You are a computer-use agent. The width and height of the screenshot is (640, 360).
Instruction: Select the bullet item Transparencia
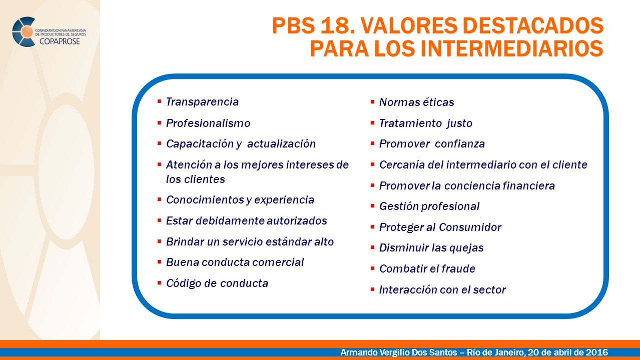pos(202,102)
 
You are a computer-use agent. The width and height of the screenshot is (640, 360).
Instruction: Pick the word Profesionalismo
pos(208,123)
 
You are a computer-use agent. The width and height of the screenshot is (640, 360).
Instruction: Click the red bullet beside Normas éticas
pos(372,101)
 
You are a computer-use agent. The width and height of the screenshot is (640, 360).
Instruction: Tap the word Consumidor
pos(470,227)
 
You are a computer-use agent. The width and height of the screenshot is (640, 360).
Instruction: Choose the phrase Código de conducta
pos(217,283)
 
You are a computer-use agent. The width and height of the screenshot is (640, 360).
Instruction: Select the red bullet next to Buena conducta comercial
pos(160,261)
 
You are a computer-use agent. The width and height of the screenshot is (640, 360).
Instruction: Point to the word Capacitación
pos(200,144)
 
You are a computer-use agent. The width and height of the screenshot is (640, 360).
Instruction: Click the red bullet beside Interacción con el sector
pos(372,289)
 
